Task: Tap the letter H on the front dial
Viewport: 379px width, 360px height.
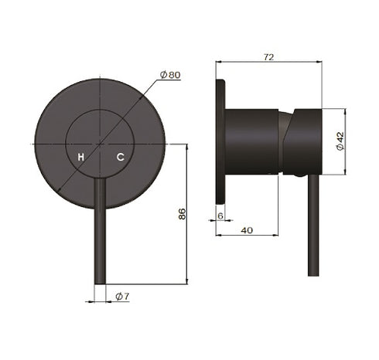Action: click(x=81, y=157)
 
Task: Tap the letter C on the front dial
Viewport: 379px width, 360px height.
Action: click(x=120, y=157)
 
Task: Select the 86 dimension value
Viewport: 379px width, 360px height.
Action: click(x=182, y=214)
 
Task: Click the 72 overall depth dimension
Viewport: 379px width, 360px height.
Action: click(x=268, y=56)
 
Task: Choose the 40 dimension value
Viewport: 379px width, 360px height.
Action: click(x=246, y=229)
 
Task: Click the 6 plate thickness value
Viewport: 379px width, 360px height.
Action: click(x=220, y=216)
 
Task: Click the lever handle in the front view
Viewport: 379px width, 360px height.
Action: click(x=100, y=232)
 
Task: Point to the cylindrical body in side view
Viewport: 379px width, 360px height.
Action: click(x=251, y=141)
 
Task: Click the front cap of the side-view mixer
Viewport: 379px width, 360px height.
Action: click(x=304, y=141)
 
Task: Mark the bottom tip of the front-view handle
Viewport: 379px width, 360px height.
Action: click(x=100, y=282)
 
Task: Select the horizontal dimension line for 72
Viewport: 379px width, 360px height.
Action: click(x=268, y=63)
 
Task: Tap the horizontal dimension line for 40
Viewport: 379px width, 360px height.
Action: click(x=246, y=235)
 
